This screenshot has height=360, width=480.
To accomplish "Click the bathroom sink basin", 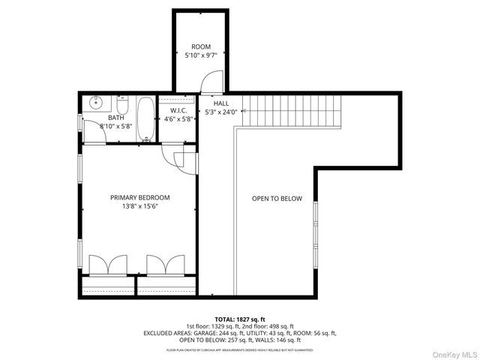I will pyautogui.click(x=95, y=103).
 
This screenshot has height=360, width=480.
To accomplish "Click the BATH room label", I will pyautogui.click(x=115, y=118).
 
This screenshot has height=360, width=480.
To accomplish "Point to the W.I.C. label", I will pyautogui.click(x=178, y=110).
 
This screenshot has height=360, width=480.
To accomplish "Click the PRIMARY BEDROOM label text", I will pyautogui.click(x=139, y=197).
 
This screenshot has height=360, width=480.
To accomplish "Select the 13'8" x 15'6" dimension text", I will pyautogui.click(x=139, y=207).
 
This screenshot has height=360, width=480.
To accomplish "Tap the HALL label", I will pyautogui.click(x=220, y=103).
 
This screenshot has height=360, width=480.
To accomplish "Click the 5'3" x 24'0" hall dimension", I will pyautogui.click(x=221, y=112).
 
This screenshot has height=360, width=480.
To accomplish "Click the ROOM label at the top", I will pyautogui.click(x=201, y=46).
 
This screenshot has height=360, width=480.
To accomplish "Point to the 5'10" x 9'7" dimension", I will pyautogui.click(x=201, y=55).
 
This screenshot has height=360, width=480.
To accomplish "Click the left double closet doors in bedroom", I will pyautogui.click(x=107, y=265).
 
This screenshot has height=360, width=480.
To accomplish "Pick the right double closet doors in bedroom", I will pyautogui.click(x=165, y=265).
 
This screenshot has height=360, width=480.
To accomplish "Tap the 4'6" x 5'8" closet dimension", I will pyautogui.click(x=178, y=118).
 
